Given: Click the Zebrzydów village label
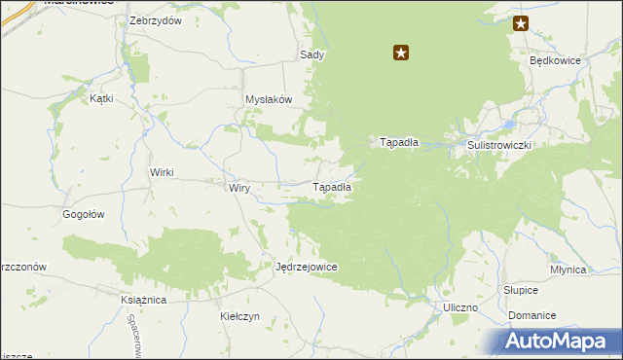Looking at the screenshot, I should (156, 21).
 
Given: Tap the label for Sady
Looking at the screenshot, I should (312, 55).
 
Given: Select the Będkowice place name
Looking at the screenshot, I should (555, 59).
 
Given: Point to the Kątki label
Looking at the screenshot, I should (101, 98).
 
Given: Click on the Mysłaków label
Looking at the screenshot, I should (269, 100).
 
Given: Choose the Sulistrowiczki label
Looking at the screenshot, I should (501, 144).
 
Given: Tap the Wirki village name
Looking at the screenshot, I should (161, 172).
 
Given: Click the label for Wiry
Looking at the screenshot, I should (239, 187).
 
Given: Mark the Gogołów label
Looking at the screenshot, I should (83, 214).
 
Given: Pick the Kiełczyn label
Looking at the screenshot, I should (239, 317).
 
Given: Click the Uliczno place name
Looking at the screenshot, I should (459, 307).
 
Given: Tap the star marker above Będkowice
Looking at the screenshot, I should (521, 24).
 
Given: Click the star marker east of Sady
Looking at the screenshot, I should (400, 54).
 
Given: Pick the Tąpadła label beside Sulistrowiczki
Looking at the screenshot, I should (398, 142).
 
